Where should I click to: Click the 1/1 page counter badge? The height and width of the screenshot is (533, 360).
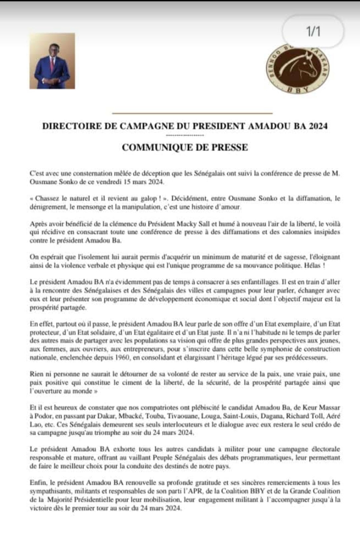point(313,32)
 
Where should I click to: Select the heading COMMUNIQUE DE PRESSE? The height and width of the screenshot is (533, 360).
point(185,147)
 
